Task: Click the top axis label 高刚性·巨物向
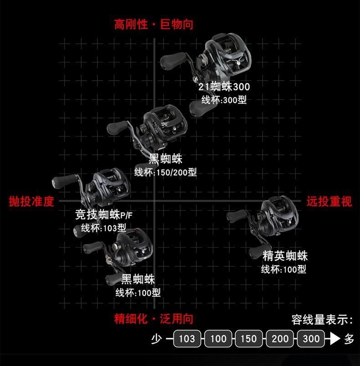pyautogui.click(x=154, y=24)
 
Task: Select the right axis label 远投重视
pyautogui.click(x=329, y=201)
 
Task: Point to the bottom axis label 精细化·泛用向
pyautogui.click(x=154, y=319)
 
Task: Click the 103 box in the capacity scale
pyautogui.click(x=187, y=339)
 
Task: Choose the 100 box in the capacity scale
pyautogui.click(x=218, y=339)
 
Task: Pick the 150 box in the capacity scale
pyautogui.click(x=249, y=339)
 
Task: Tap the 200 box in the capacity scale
pyautogui.click(x=280, y=339)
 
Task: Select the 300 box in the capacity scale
pyautogui.click(x=311, y=339)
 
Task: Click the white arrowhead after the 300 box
pyautogui.click(x=335, y=339)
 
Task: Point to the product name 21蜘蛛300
pyautogui.click(x=224, y=86)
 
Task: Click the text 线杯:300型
pyautogui.click(x=224, y=100)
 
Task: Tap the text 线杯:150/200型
pyautogui.click(x=165, y=173)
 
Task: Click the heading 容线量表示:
pyautogui.click(x=322, y=320)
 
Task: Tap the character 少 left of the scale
pyautogui.click(x=157, y=339)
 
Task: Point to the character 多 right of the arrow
pyautogui.click(x=349, y=339)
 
